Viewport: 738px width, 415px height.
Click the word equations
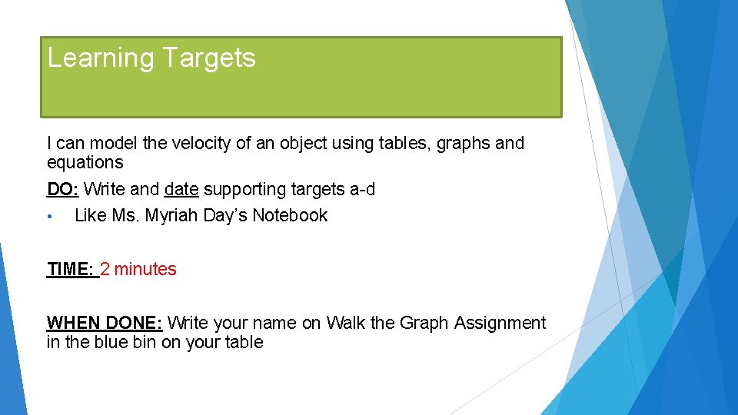coord(85,163)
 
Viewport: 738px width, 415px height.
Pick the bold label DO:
coord(63,189)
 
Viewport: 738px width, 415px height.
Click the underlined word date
coord(181,189)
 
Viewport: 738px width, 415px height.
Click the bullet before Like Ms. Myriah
coord(49,217)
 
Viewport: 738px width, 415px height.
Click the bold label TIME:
coord(71,269)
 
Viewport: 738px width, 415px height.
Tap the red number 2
coord(105,269)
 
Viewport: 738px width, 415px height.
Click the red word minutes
coord(145,269)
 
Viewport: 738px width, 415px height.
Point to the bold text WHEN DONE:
coord(105,323)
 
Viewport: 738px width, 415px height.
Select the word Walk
coord(346,323)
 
